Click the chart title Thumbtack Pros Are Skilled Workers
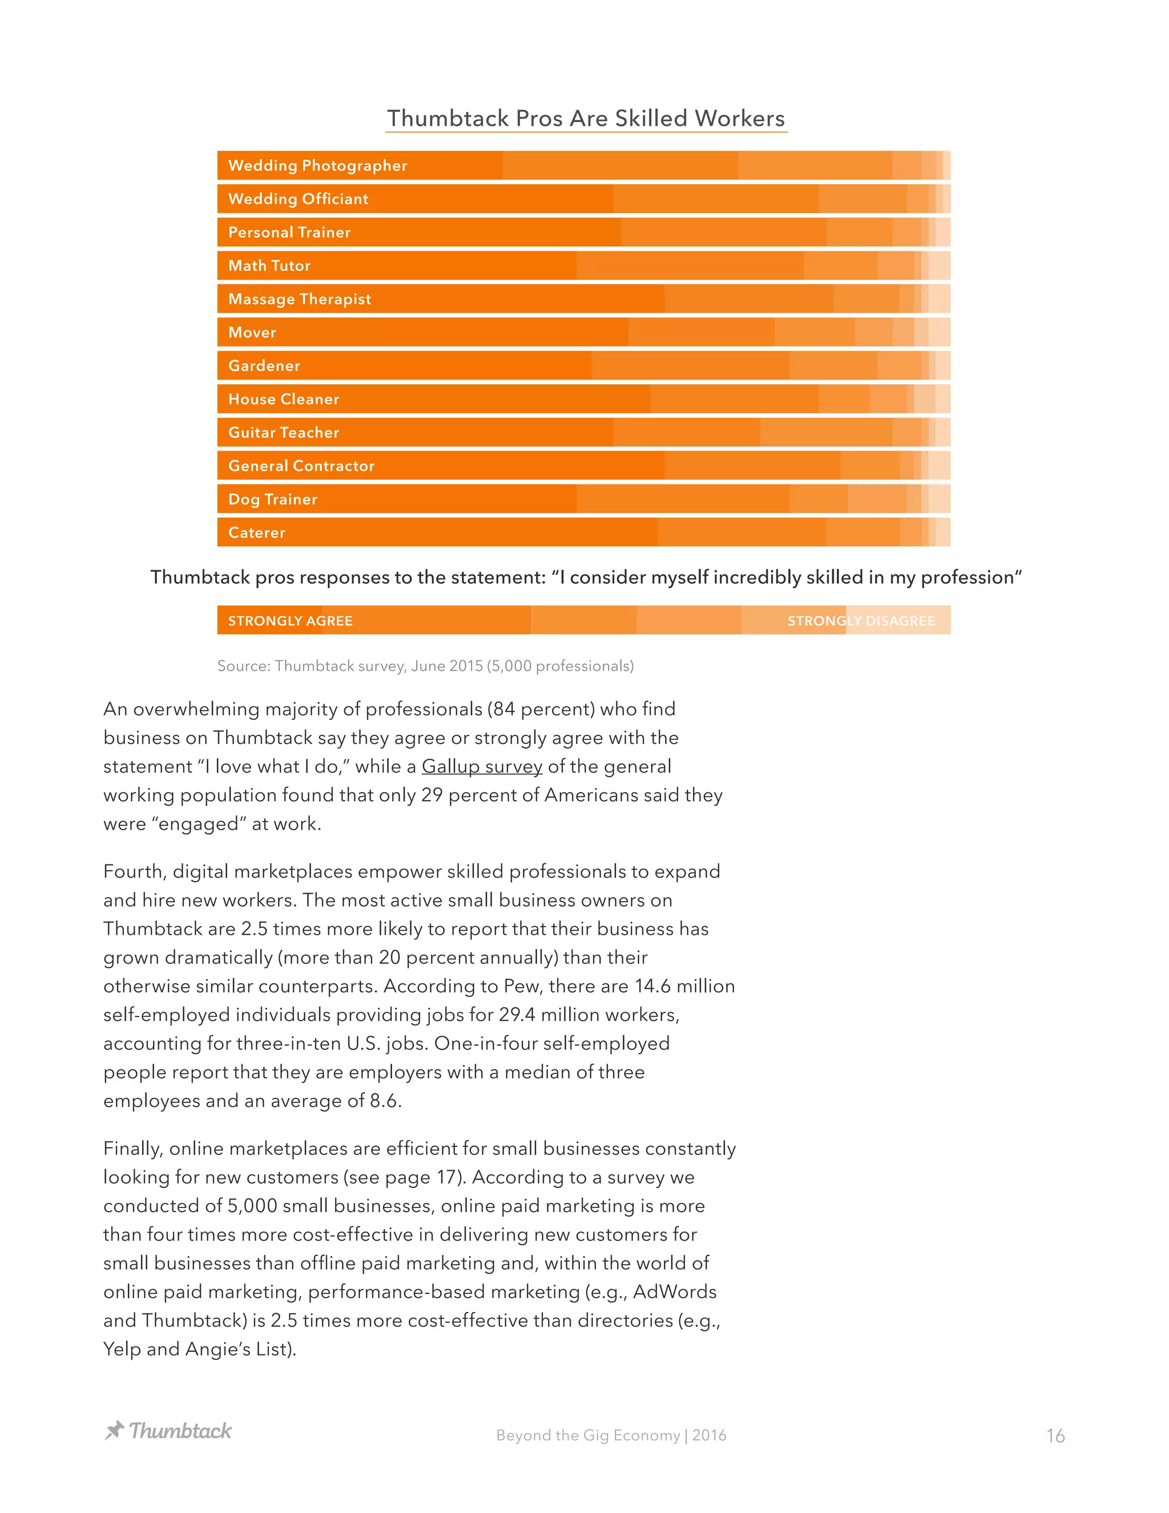click(x=585, y=118)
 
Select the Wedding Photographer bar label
click(x=317, y=166)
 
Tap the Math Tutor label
click(x=269, y=266)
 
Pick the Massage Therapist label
click(x=299, y=299)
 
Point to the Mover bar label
click(x=252, y=332)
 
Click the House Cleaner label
click(x=283, y=399)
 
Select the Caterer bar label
click(x=256, y=533)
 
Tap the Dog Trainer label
click(x=272, y=500)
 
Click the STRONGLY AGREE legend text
click(x=290, y=621)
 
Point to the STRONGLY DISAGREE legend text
click(x=861, y=621)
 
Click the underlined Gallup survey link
click(x=481, y=766)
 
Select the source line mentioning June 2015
click(x=425, y=666)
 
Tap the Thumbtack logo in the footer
click(x=168, y=1431)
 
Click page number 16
click(x=1055, y=1435)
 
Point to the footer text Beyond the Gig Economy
click(x=588, y=1435)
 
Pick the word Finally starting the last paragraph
click(x=133, y=1149)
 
